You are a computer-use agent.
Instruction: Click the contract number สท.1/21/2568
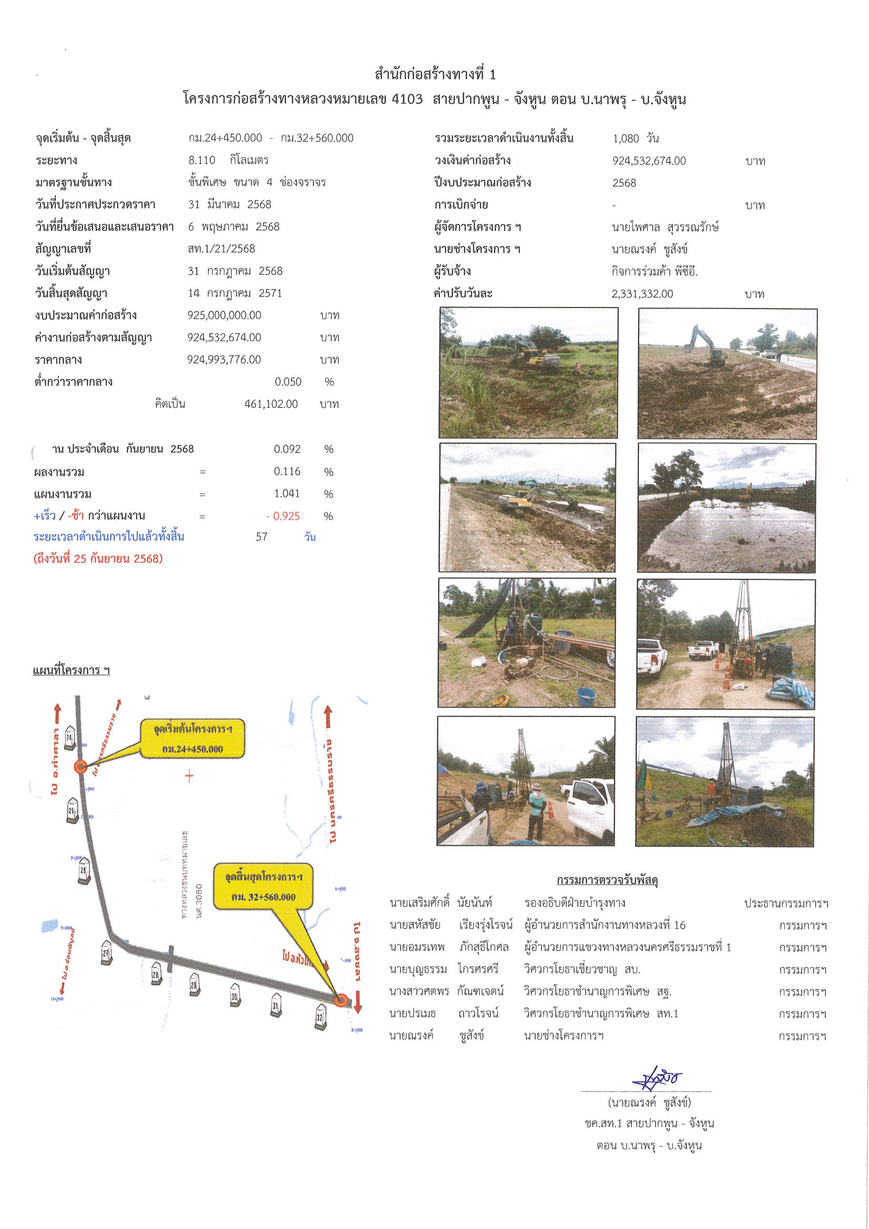[221, 249]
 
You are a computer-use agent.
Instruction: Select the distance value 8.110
[202, 160]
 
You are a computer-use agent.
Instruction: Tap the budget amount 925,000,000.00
[224, 315]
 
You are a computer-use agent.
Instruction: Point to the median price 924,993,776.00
[224, 360]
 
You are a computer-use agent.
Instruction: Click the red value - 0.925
[283, 516]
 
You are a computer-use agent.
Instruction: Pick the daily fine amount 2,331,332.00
[642, 294]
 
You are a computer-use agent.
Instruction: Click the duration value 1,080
[626, 138]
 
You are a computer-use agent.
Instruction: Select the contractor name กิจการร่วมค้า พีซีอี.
[655, 271]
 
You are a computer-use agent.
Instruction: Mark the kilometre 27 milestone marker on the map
[107, 954]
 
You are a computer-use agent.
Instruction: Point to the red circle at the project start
[80, 766]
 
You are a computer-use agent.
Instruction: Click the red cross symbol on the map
[189, 776]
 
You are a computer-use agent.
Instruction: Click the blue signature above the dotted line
[657, 1077]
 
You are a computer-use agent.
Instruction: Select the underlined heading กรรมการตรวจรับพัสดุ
[607, 880]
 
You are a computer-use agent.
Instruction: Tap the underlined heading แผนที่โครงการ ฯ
[71, 670]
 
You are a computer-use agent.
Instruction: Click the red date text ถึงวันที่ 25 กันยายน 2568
[98, 559]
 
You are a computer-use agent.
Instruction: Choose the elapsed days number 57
[261, 537]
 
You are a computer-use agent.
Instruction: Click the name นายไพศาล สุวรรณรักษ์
[665, 227]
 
